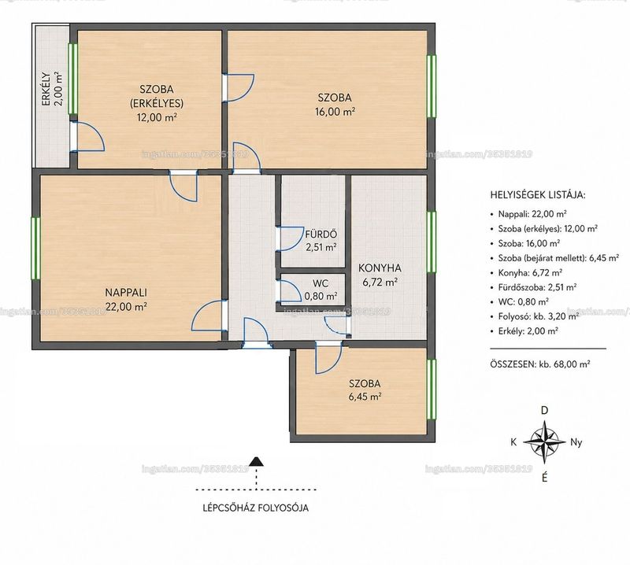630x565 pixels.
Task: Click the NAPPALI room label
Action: point(126,292)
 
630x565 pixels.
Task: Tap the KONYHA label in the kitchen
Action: point(380,268)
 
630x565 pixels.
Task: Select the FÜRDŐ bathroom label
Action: point(321,234)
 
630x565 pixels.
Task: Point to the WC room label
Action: point(321,283)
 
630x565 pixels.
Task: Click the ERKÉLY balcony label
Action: point(46,89)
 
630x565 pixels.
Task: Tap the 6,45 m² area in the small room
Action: point(365,397)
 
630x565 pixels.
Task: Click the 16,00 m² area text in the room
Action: point(335,112)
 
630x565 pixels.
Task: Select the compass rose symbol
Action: point(544,442)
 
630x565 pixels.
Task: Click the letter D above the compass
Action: point(544,411)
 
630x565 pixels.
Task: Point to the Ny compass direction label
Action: point(576,442)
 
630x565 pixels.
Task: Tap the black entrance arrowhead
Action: point(256,461)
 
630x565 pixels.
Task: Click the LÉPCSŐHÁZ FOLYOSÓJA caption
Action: point(256,508)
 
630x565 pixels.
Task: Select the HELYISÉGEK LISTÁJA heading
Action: point(538,195)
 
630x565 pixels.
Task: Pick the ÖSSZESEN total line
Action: point(540,364)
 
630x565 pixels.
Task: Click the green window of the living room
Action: point(35,248)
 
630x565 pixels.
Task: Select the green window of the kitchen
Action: point(431,242)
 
